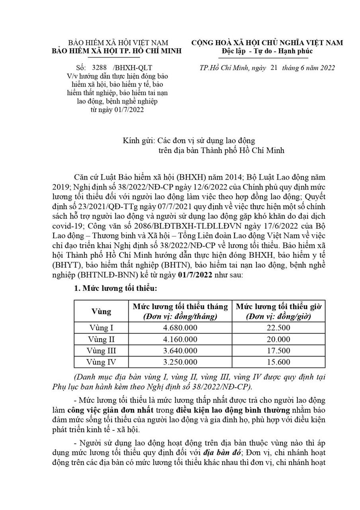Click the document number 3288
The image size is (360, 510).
(x=99, y=67)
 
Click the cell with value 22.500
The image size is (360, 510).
(x=279, y=328)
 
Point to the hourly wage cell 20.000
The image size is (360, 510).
(x=279, y=339)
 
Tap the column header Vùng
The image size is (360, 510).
(x=101, y=311)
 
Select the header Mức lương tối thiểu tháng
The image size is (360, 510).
(x=180, y=306)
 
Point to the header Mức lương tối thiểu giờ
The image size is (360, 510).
(x=279, y=306)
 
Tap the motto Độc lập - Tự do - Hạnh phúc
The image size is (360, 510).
(x=267, y=51)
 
